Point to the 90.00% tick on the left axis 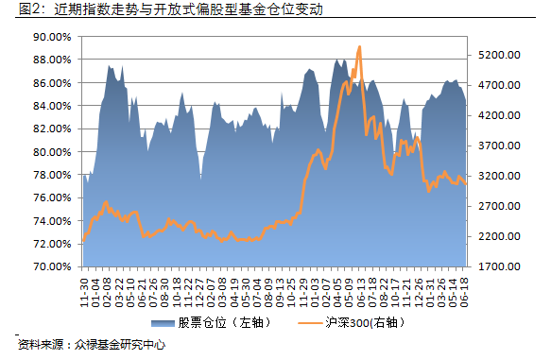[53, 37]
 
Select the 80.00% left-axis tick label [53, 152]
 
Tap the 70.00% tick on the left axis [53, 267]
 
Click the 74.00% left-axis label [53, 221]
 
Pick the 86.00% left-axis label [53, 83]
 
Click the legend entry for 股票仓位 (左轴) [220, 322]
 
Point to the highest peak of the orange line [359, 46]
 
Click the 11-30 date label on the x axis [85, 287]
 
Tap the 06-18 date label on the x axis [465, 287]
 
